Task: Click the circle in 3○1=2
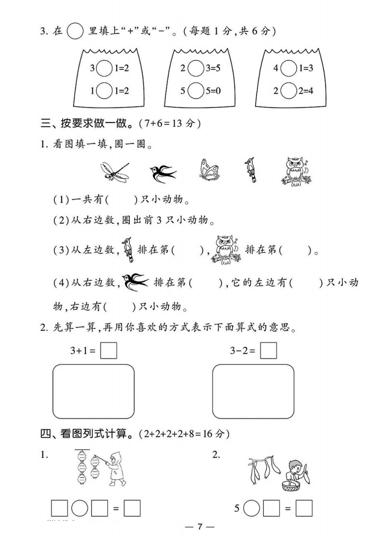point(104,69)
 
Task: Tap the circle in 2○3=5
point(195,69)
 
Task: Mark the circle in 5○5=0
point(195,90)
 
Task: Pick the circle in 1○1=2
point(104,90)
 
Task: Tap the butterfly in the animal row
point(209,170)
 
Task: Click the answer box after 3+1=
point(109,350)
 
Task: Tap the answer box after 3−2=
point(268,350)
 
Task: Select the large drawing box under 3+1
point(93,391)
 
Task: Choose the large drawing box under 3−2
point(253,391)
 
